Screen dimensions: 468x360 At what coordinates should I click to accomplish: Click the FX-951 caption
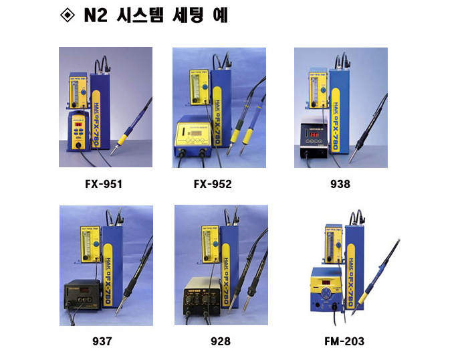tap(104, 184)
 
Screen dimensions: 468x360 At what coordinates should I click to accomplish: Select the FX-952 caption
tap(213, 184)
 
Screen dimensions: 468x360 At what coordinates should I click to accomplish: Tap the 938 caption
tap(340, 184)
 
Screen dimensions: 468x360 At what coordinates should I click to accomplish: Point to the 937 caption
tap(102, 341)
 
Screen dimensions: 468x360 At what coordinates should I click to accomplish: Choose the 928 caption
tap(221, 341)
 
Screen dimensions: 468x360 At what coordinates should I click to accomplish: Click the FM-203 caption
tap(344, 341)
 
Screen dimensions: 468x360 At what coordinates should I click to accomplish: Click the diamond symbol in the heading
tap(68, 15)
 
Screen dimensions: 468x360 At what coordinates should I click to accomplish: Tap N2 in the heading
tap(96, 15)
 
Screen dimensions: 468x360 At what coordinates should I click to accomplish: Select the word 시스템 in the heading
tap(140, 15)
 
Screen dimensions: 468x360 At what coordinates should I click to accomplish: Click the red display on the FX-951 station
tap(78, 124)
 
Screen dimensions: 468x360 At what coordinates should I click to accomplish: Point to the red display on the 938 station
tap(314, 134)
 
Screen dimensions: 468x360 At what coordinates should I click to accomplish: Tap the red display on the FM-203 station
tap(326, 282)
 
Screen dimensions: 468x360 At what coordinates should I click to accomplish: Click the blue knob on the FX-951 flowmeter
tap(84, 92)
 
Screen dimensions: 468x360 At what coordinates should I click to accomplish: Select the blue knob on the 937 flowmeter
tap(96, 244)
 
